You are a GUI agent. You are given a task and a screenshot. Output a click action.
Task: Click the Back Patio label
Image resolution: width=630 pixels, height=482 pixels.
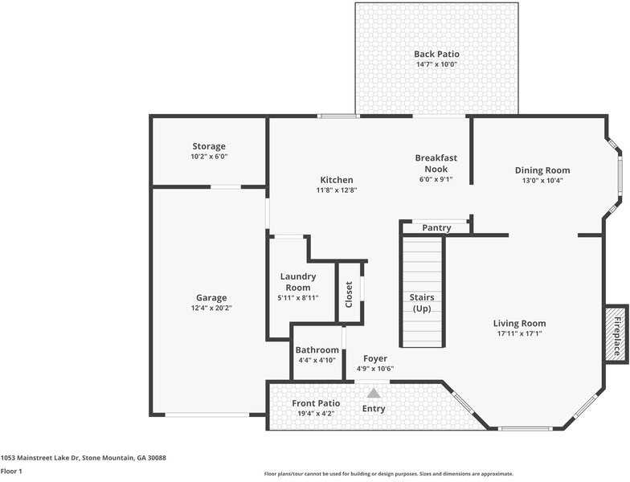point(437,54)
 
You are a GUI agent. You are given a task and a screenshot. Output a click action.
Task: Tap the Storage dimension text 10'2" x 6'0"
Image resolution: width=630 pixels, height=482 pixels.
point(209,157)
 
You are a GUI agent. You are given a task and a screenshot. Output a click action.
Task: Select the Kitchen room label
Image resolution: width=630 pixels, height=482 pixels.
point(337,180)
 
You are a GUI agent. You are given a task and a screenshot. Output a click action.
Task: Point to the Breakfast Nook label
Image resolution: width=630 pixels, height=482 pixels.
point(436,163)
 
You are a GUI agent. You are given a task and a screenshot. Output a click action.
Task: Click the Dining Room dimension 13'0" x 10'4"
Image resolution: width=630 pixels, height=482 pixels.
point(542,181)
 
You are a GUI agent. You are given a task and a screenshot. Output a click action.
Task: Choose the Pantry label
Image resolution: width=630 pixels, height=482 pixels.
point(436,228)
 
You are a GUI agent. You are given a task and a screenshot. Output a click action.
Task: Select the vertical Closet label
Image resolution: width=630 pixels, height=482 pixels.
point(349,294)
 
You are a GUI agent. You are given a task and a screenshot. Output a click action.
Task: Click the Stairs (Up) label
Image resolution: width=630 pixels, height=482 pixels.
point(423,303)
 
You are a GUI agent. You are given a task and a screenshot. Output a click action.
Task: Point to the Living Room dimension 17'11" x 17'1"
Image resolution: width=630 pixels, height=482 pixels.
point(519,333)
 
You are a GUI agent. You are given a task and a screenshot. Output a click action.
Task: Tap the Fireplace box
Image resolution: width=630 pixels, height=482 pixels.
point(616,334)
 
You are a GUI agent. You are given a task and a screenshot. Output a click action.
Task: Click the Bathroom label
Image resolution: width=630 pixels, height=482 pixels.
point(317,350)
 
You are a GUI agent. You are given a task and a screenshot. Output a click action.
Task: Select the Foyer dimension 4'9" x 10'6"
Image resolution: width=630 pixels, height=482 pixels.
point(375,370)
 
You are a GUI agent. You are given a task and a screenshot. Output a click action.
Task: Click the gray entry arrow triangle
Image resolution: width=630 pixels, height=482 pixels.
point(374,393)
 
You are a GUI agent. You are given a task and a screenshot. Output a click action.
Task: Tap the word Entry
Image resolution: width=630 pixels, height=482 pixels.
point(374,409)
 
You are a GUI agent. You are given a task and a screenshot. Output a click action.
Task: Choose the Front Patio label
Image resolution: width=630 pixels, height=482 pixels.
point(316,403)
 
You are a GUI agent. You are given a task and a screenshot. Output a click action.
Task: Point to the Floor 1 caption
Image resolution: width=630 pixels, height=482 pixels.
point(11,471)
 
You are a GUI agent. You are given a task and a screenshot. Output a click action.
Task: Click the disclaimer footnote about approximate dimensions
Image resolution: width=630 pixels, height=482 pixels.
point(388,474)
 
